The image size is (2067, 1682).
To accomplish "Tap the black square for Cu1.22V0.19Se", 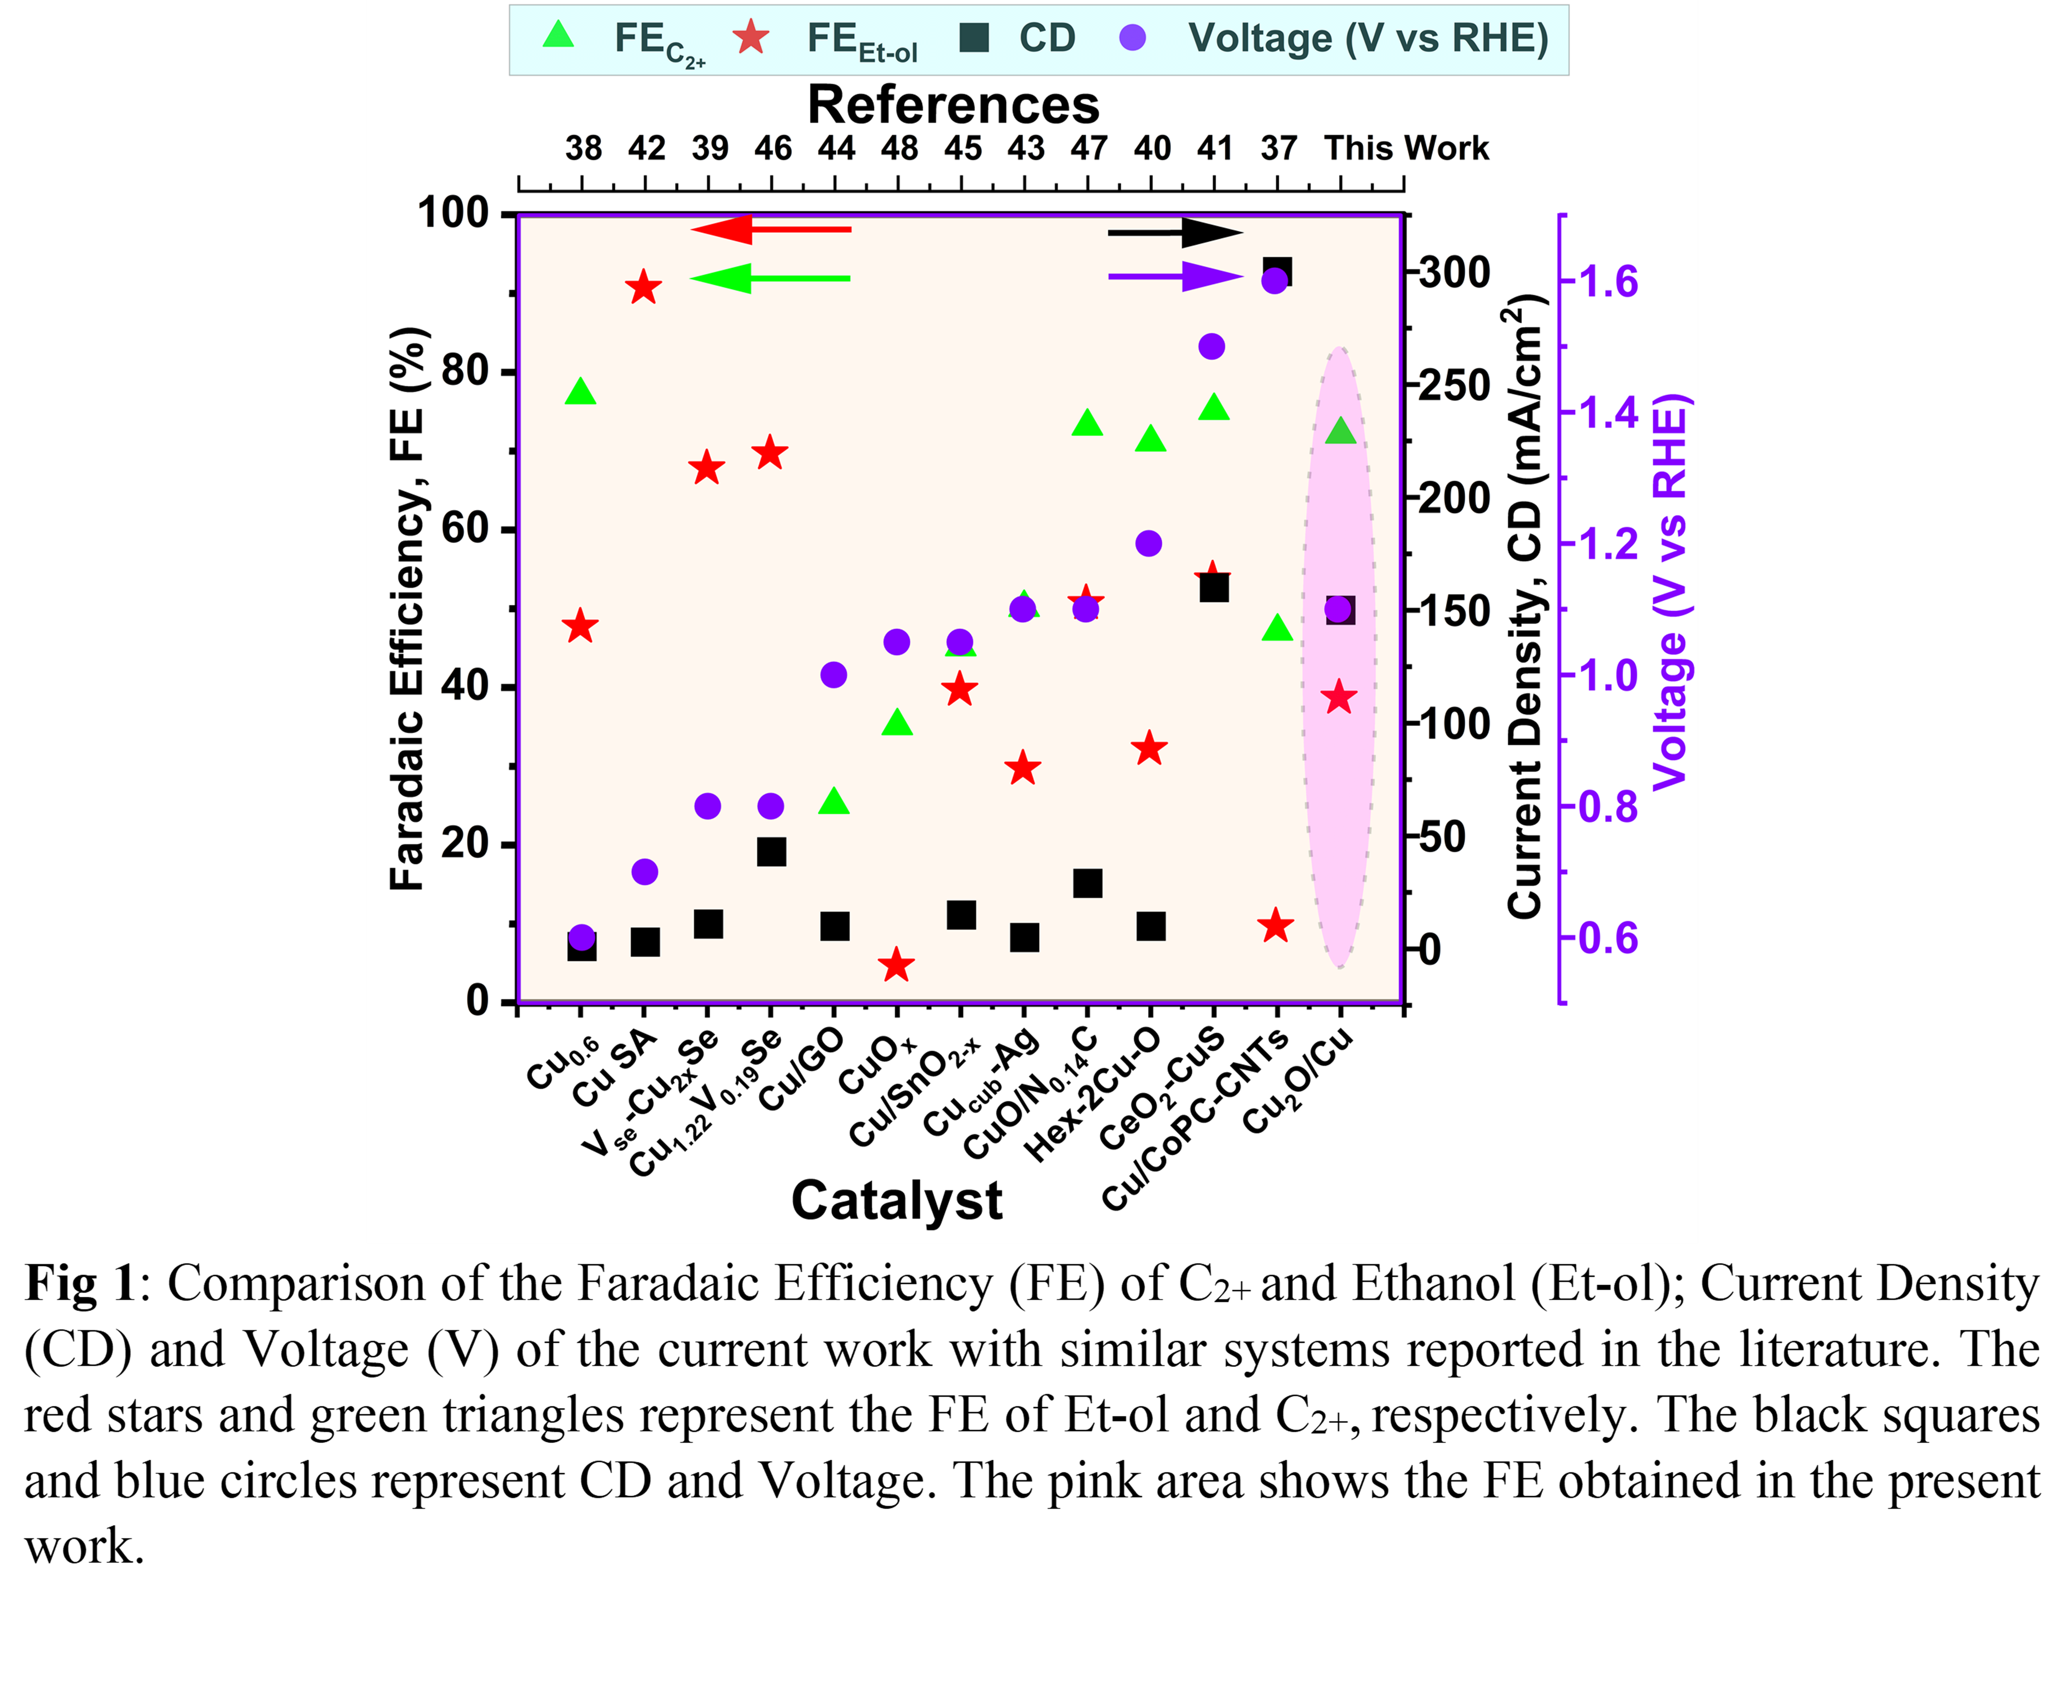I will (x=771, y=852).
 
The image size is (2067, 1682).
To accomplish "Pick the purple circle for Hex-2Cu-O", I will (x=1149, y=544).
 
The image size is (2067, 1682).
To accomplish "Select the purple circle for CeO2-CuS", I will (x=1212, y=346).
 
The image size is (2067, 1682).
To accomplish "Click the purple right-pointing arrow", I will (x=1175, y=277).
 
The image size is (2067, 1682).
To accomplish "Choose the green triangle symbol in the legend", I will (x=559, y=36).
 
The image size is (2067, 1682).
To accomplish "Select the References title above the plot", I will (x=953, y=105).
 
